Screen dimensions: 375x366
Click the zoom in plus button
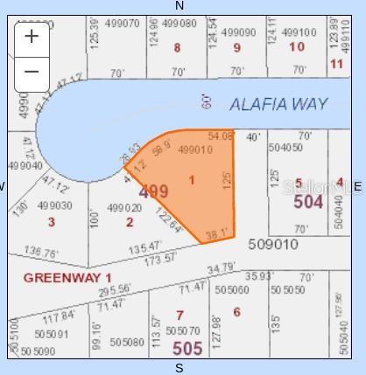(32, 36)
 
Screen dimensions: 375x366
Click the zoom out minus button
(32, 72)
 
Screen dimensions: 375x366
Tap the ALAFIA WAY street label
(278, 104)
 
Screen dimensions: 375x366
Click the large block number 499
(153, 191)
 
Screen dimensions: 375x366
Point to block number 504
(308, 203)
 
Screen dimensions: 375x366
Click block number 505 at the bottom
(187, 348)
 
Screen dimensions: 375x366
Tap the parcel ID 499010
(194, 150)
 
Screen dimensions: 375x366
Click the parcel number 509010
(273, 244)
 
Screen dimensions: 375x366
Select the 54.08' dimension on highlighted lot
(221, 136)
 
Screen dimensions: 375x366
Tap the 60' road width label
(207, 102)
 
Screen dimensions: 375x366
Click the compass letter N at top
(179, 6)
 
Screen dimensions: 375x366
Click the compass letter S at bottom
(179, 368)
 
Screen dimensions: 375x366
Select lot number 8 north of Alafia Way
(177, 48)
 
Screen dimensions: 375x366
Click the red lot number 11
(336, 64)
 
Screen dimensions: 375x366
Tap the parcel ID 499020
(124, 208)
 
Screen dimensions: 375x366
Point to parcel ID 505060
(232, 290)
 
